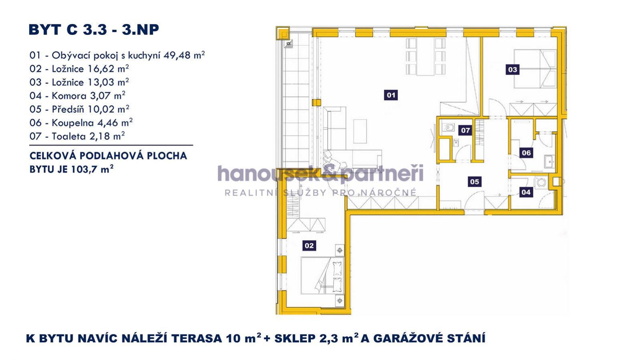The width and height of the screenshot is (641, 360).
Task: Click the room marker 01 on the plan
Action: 391,95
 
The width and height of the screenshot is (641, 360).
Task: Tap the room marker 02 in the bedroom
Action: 309,245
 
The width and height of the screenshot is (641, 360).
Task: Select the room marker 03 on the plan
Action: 513,69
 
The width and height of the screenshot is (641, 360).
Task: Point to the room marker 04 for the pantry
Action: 526,192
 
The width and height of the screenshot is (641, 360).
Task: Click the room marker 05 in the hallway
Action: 475,182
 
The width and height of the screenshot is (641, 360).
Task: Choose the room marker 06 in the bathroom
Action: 526,153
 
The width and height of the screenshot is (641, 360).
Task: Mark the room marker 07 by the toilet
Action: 466,130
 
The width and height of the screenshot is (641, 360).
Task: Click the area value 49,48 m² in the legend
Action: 184,55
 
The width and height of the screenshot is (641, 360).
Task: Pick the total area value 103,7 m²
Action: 92,169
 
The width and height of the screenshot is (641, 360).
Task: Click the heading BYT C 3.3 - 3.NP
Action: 93,30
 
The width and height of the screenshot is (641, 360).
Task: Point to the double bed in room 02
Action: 322,275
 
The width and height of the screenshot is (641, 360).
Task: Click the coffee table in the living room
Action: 360,131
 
